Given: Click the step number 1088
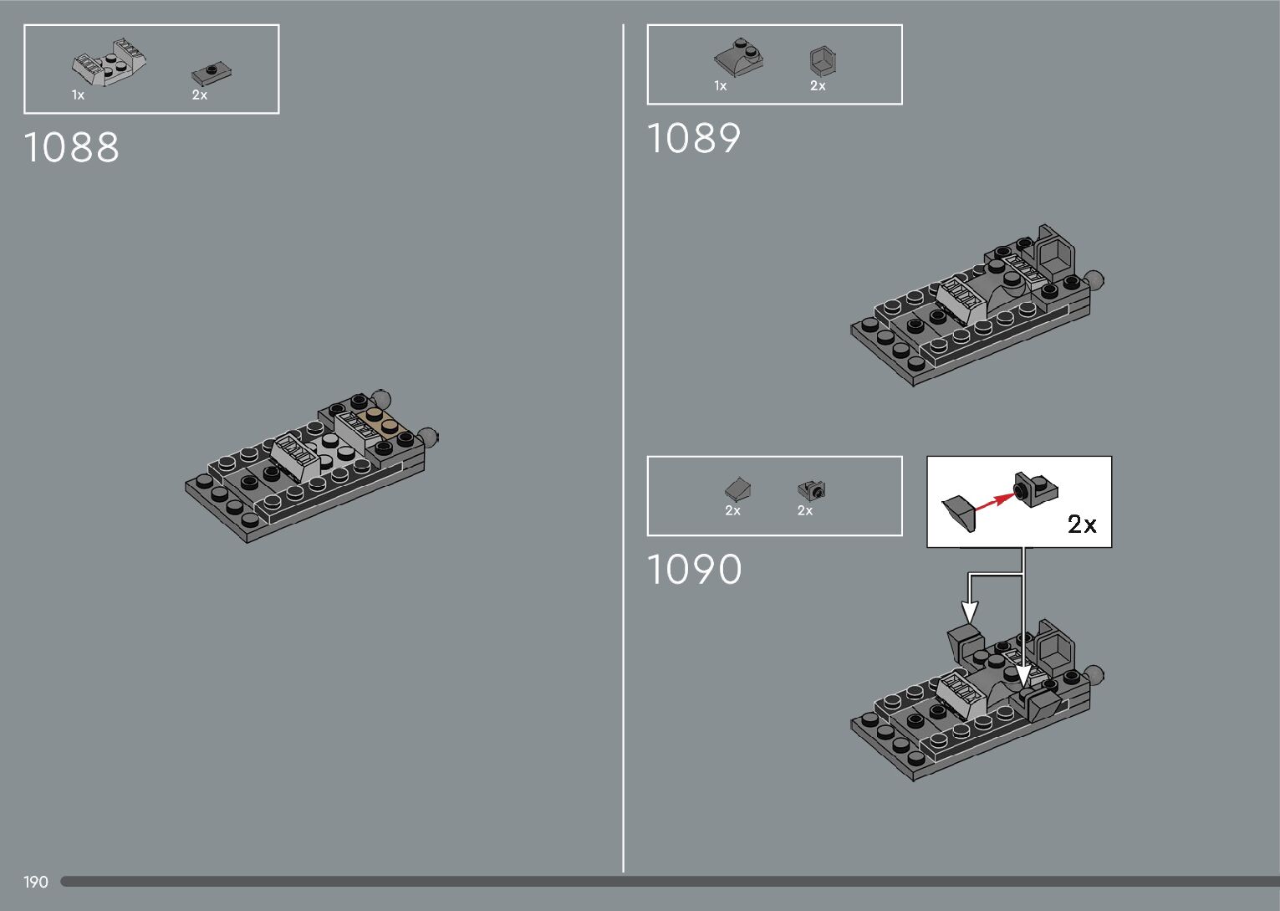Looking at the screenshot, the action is pos(72,147).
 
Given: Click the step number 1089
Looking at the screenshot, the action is pos(694,139).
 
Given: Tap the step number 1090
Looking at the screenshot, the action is pos(695,570).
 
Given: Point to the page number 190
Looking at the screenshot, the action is pos(36,882).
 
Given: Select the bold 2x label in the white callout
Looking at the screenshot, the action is pos(1082,525).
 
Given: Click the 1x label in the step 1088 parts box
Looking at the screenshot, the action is pos(78,95).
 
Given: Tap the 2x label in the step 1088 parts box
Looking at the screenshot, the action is pos(199,95).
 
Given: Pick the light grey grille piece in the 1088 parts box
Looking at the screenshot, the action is pos(110,63).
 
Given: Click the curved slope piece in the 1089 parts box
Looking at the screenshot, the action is pos(738,57).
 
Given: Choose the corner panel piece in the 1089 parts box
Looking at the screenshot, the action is pos(823,61).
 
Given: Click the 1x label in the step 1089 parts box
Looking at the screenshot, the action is pos(720,86).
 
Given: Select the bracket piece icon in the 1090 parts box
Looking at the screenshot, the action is pos(810,489).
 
